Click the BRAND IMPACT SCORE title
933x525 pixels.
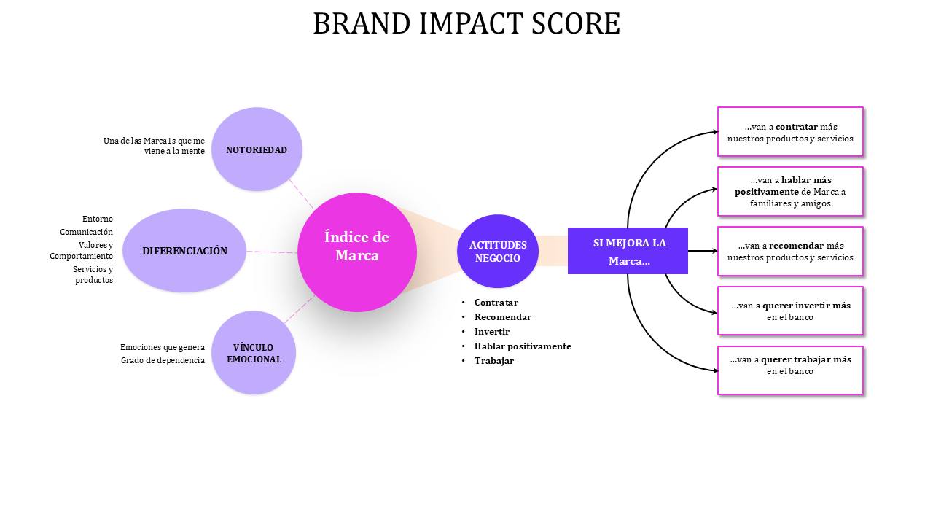[x=466, y=23]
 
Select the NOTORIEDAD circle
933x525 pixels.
[x=257, y=149]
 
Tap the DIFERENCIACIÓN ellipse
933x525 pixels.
[x=184, y=250]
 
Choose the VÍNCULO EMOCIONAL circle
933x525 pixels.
[x=254, y=352]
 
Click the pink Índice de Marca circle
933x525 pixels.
[x=357, y=252]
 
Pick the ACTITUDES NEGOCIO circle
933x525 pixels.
[x=498, y=252]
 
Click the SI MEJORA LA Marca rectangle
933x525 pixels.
[x=628, y=251]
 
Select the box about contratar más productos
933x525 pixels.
[x=790, y=132]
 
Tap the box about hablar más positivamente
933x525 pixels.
[x=790, y=191]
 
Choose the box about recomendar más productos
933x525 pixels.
[x=790, y=252]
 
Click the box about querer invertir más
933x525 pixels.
[x=790, y=311]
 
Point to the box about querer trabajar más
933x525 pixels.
[x=790, y=370]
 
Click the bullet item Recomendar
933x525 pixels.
[x=503, y=317]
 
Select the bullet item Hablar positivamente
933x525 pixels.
[x=523, y=346]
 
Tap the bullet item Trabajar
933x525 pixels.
[x=494, y=361]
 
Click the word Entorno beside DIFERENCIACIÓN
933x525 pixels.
[x=98, y=219]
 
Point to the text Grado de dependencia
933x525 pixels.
[x=163, y=360]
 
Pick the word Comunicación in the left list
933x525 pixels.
[x=86, y=232]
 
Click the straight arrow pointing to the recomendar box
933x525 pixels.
[x=703, y=251]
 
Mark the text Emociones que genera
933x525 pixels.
[x=163, y=347]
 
